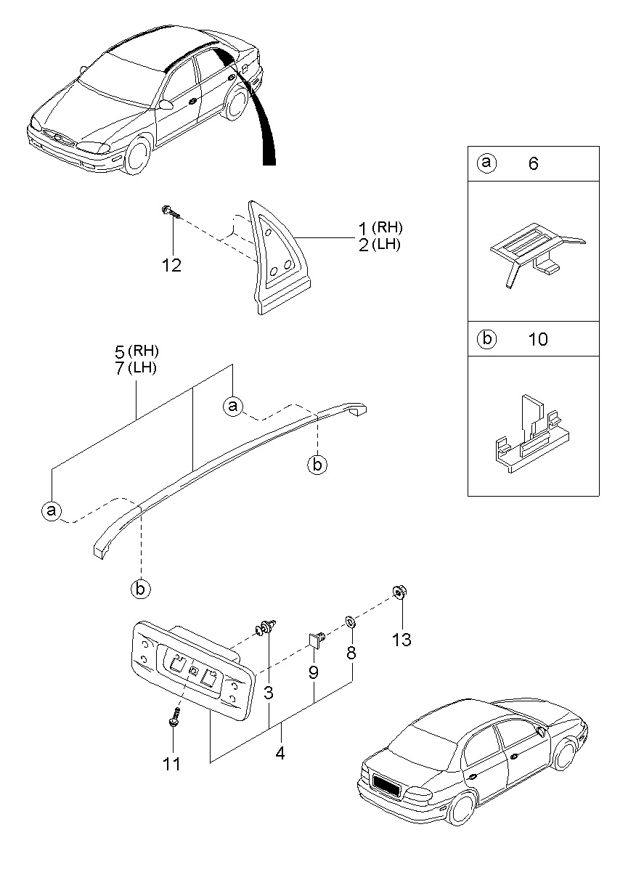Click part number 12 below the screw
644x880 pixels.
click(x=171, y=266)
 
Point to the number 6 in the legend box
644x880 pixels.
click(x=533, y=164)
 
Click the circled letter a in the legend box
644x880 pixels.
click(x=486, y=163)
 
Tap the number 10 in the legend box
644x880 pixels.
click(x=538, y=339)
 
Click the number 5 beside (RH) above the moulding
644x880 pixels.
click(x=119, y=352)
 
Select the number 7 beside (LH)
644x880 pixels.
click(x=119, y=368)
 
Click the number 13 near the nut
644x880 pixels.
click(x=401, y=640)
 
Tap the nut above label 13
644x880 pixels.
click(x=399, y=592)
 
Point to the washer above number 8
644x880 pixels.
click(x=350, y=622)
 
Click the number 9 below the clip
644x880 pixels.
click(x=314, y=673)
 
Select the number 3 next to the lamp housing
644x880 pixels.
click(x=268, y=693)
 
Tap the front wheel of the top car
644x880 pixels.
click(x=136, y=155)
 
